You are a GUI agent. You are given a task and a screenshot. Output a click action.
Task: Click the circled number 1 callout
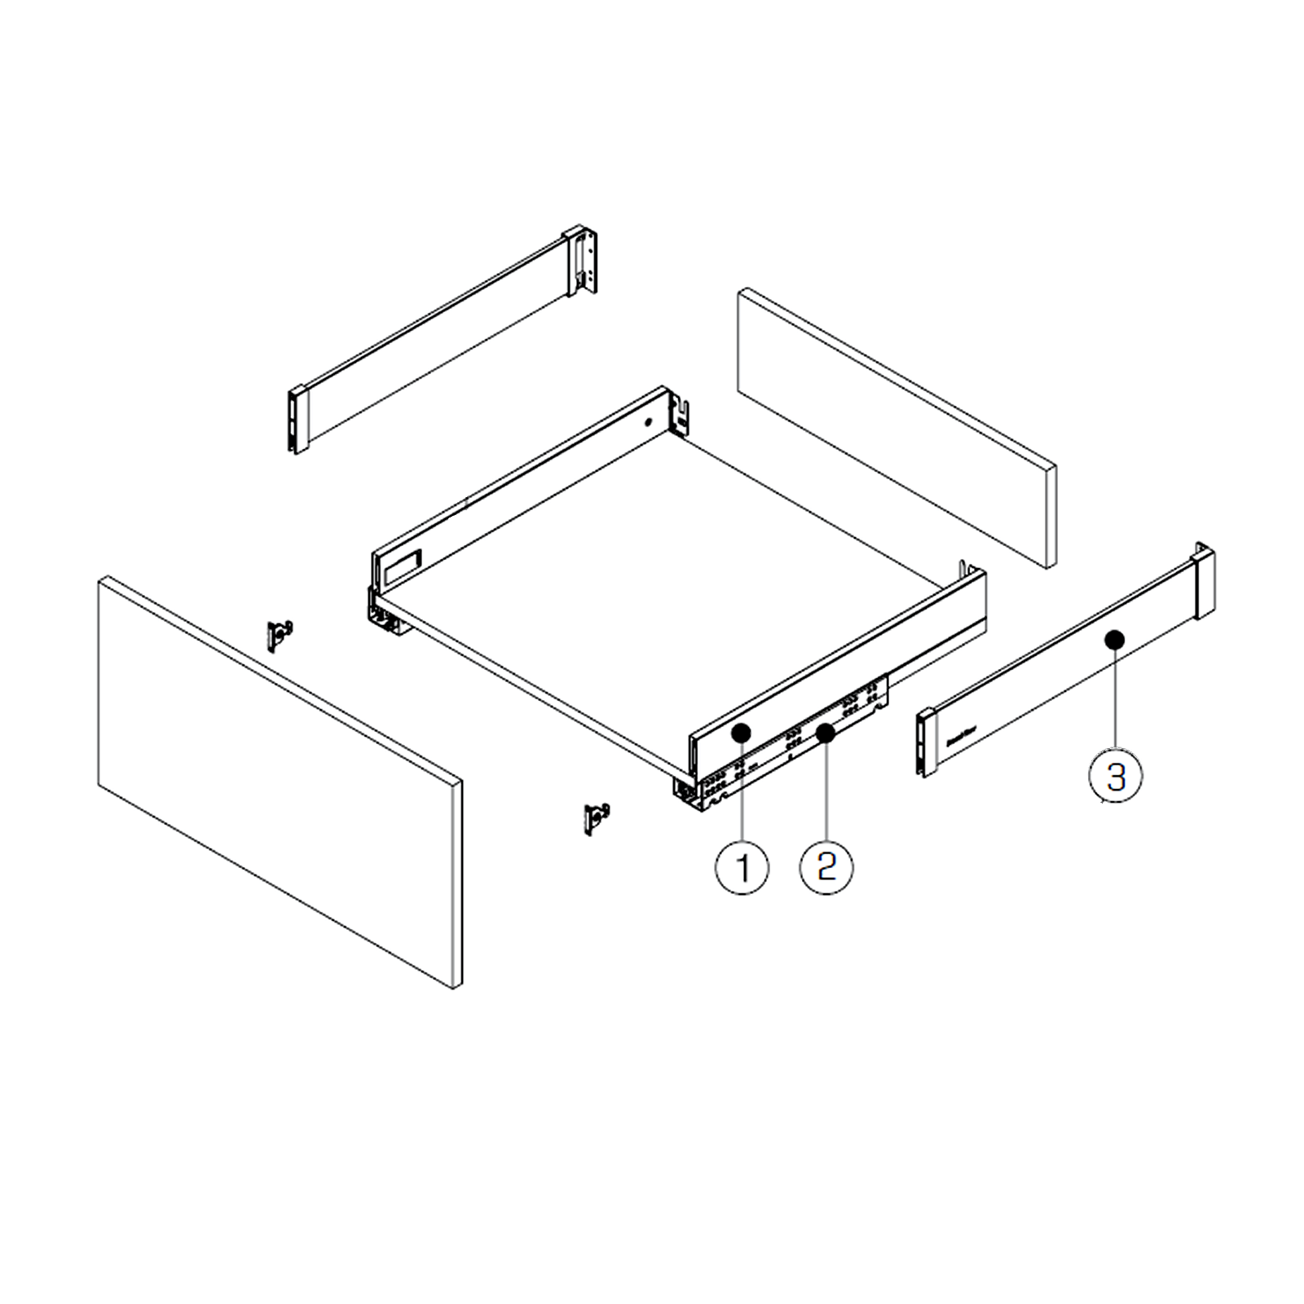(x=742, y=867)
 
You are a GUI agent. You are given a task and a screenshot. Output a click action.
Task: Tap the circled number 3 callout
(x=1115, y=776)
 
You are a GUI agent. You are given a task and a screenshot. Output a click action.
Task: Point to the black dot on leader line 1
(x=741, y=733)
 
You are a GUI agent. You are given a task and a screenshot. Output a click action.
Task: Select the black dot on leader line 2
(x=826, y=733)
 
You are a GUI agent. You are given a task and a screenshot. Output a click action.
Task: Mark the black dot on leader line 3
(x=1114, y=641)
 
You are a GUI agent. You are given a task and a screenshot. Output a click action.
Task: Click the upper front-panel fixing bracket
(x=280, y=635)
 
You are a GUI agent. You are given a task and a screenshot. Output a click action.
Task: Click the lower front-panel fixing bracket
(x=597, y=817)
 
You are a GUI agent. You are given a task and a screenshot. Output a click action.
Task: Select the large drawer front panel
(x=279, y=782)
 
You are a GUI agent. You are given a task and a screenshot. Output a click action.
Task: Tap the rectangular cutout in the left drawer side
(x=402, y=565)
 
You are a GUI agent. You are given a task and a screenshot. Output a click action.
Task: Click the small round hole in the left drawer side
(x=648, y=423)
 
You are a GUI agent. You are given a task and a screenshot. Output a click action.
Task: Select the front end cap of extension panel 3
(x=925, y=742)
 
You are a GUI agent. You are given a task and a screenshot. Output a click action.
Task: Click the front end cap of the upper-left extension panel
(x=298, y=420)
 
